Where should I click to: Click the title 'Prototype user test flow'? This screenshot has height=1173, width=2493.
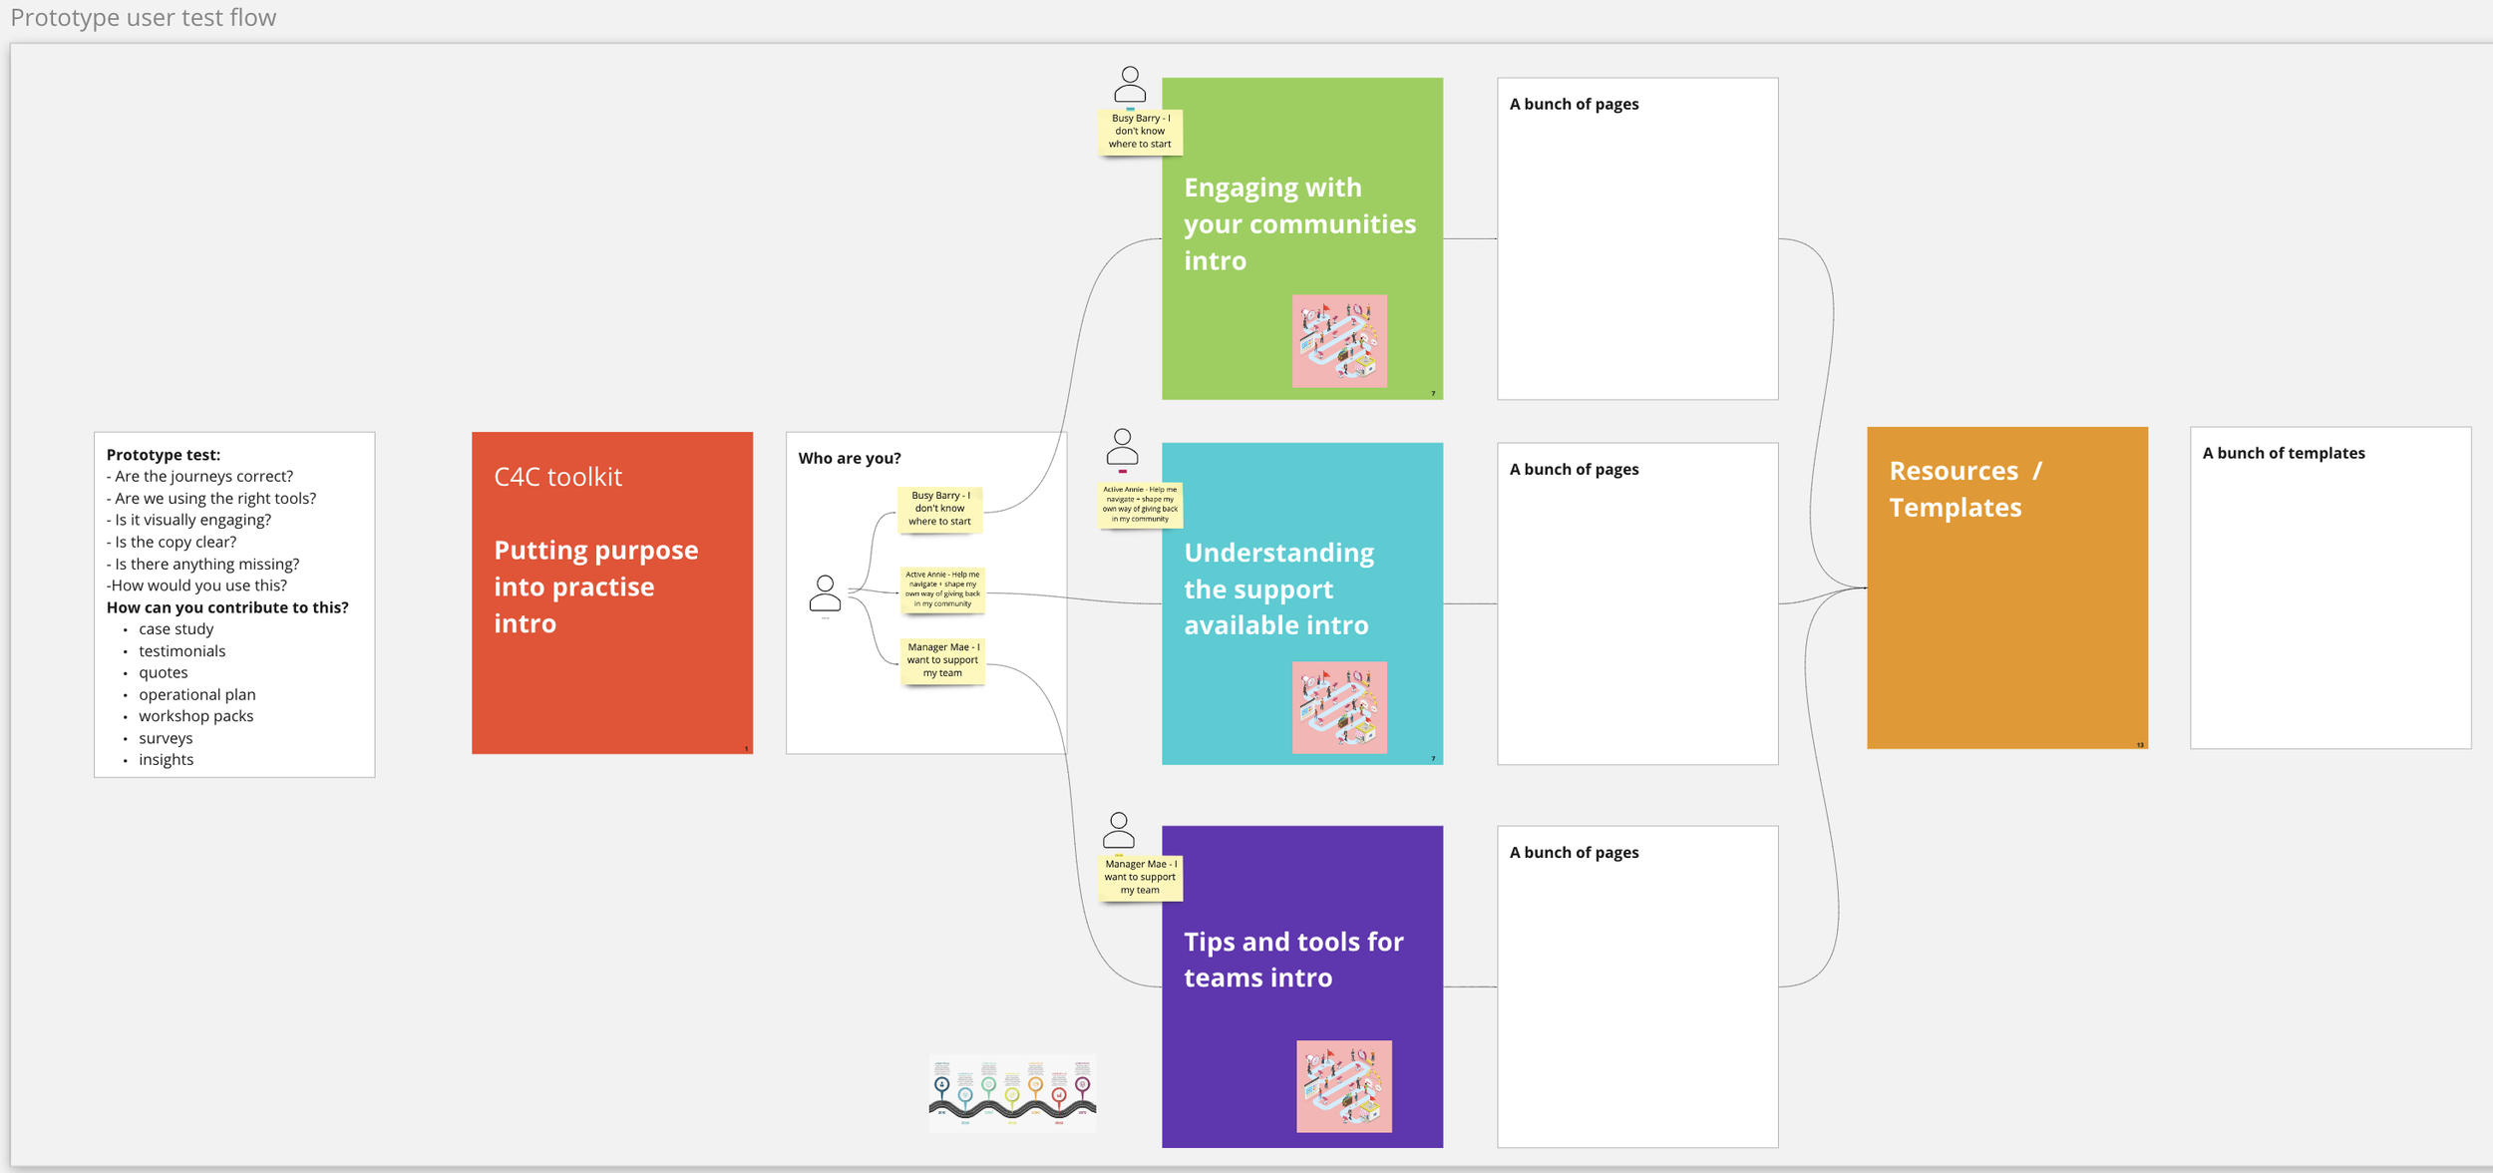tap(144, 18)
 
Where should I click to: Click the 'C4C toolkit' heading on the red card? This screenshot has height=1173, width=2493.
tap(557, 477)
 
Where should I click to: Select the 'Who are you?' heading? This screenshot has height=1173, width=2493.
tap(849, 458)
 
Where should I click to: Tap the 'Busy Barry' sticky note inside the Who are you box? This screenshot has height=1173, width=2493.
tap(940, 509)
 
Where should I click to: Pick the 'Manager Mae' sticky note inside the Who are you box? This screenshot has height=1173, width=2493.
tap(942, 660)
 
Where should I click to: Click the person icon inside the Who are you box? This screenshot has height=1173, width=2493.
tap(825, 593)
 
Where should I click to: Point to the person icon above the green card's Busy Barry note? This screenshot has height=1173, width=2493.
tap(1130, 85)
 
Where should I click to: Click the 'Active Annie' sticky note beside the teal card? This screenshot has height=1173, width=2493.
tap(1140, 505)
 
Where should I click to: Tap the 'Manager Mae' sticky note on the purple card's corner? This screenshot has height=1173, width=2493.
tap(1140, 878)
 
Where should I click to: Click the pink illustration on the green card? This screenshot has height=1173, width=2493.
tap(1339, 341)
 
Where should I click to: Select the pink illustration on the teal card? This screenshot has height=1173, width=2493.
tap(1339, 707)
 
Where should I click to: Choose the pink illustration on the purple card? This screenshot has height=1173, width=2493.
tap(1343, 1086)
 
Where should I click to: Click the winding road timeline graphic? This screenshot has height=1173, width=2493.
tap(1012, 1094)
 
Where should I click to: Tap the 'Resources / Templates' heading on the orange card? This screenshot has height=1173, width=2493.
tap(1963, 489)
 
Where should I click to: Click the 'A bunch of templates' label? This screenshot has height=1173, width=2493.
tap(2283, 453)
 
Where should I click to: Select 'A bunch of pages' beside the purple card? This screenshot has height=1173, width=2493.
tap(1574, 852)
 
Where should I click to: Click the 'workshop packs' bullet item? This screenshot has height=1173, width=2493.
tap(195, 716)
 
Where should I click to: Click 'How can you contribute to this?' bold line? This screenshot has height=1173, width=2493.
tap(227, 607)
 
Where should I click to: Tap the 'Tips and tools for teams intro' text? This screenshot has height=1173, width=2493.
tap(1292, 960)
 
